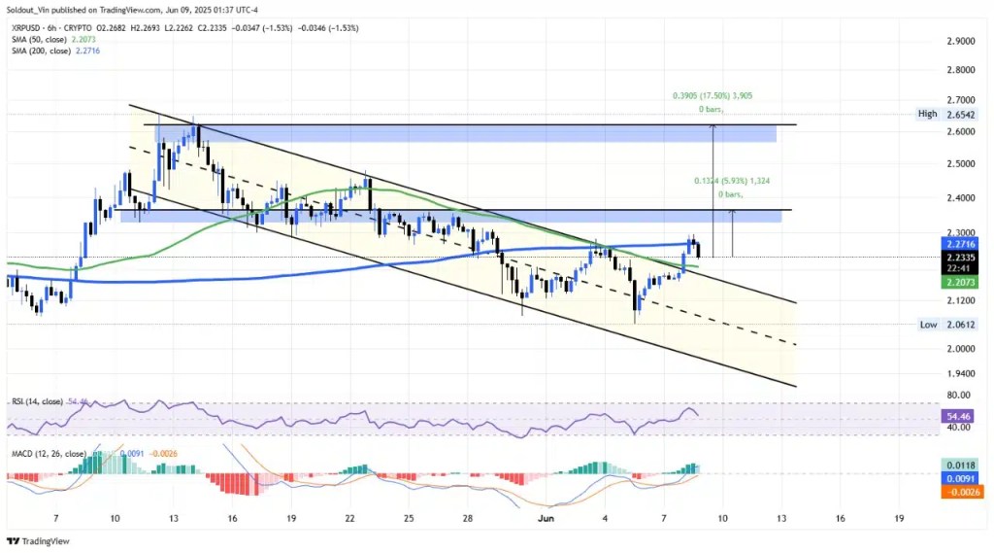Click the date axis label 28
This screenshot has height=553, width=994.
[x=469, y=518]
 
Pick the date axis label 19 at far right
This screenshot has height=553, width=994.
[x=902, y=518]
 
